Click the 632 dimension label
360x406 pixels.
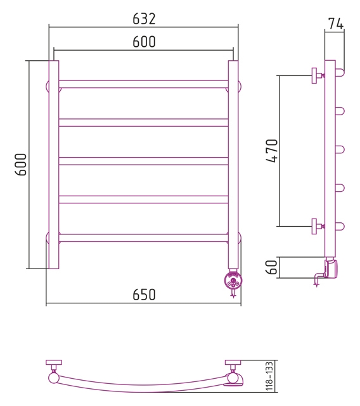click(144, 19)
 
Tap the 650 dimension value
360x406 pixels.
click(144, 295)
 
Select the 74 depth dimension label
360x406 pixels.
click(336, 23)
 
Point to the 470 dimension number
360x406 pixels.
click(272, 151)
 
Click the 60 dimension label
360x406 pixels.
click(271, 267)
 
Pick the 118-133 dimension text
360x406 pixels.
click(269, 376)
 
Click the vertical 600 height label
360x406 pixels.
click(21, 165)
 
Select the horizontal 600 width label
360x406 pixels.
click(144, 42)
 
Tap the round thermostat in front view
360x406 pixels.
click(233, 280)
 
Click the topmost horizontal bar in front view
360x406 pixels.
click(143, 84)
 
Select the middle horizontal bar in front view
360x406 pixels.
click(143, 161)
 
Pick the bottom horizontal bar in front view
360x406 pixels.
click(143, 238)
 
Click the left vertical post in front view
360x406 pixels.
click(54, 165)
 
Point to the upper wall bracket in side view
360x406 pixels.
click(318, 75)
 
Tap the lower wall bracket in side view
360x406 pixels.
click(318, 226)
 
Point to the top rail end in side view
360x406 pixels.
click(340, 72)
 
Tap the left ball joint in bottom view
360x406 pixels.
click(54, 378)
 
